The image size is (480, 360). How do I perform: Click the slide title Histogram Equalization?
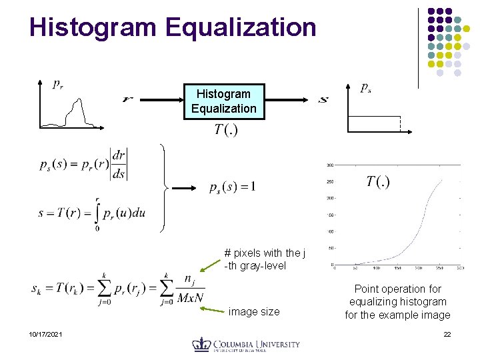coord(173,27)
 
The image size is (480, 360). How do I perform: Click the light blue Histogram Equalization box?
coord(224,101)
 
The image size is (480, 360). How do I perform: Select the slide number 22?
coord(447,333)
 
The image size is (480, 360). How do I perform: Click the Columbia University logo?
coord(246,345)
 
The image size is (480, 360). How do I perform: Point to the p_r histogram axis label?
coord(59,84)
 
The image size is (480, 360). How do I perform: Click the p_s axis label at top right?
coord(366,87)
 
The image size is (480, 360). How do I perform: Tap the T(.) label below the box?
coord(226,129)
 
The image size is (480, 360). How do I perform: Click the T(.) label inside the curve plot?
coord(378,181)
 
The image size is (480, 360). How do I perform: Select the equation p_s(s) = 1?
coord(232,186)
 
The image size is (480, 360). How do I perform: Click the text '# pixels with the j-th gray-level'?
coord(265,259)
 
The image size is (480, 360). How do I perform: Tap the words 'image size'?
coord(254,311)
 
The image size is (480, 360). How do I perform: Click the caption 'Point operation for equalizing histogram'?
coord(397,302)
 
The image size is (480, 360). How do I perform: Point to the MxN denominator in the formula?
coord(190,298)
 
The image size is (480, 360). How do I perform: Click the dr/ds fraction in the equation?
coord(119,164)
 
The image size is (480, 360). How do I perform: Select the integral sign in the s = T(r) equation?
coord(97,213)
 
